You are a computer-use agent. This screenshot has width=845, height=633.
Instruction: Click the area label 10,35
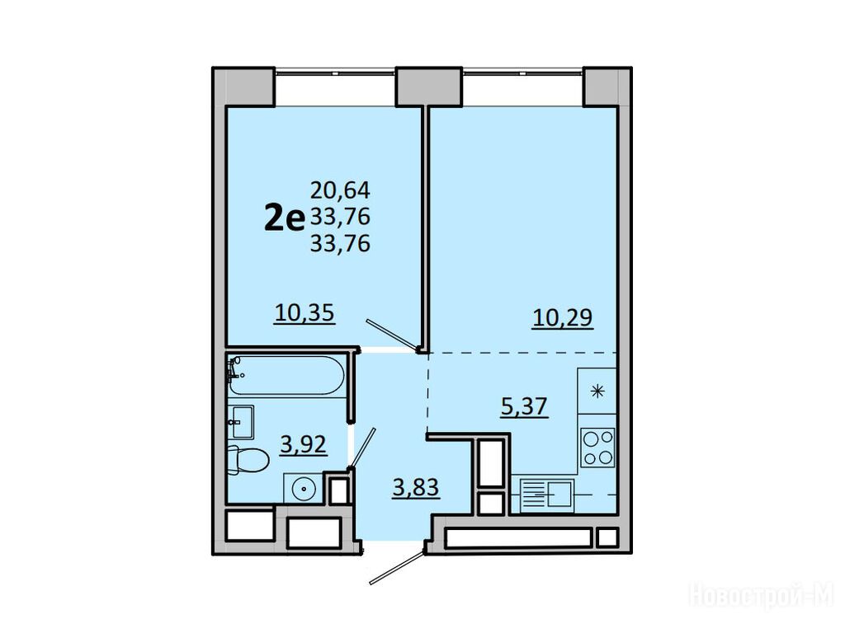pos(304,312)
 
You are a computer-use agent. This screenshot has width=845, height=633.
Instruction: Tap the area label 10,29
pos(563,317)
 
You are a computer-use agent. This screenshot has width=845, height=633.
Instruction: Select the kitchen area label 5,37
pos(524,406)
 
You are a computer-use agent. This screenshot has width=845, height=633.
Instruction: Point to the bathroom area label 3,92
pos(303,444)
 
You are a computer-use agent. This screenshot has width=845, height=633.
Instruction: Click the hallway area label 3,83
pos(416,488)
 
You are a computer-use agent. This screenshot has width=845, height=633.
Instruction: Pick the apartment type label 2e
pos(285,218)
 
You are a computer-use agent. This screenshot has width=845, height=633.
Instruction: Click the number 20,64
pos(340,190)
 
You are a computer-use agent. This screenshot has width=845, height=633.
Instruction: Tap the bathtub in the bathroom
pos(286,375)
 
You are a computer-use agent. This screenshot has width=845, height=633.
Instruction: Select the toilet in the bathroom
pos(248,460)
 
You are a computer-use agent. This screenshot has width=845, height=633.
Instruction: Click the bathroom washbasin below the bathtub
pos(241,422)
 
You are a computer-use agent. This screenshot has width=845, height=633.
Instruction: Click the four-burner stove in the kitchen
pos(597,448)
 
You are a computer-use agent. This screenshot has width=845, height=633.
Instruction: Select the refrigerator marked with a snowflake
pos(597,391)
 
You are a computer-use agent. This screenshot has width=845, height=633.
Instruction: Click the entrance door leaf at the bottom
pos(397,567)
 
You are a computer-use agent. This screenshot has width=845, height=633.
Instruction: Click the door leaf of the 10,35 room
pos(392,335)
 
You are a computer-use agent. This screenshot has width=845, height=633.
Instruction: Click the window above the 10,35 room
pos(335,72)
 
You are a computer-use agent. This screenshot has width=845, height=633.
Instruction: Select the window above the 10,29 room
pos(522,72)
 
